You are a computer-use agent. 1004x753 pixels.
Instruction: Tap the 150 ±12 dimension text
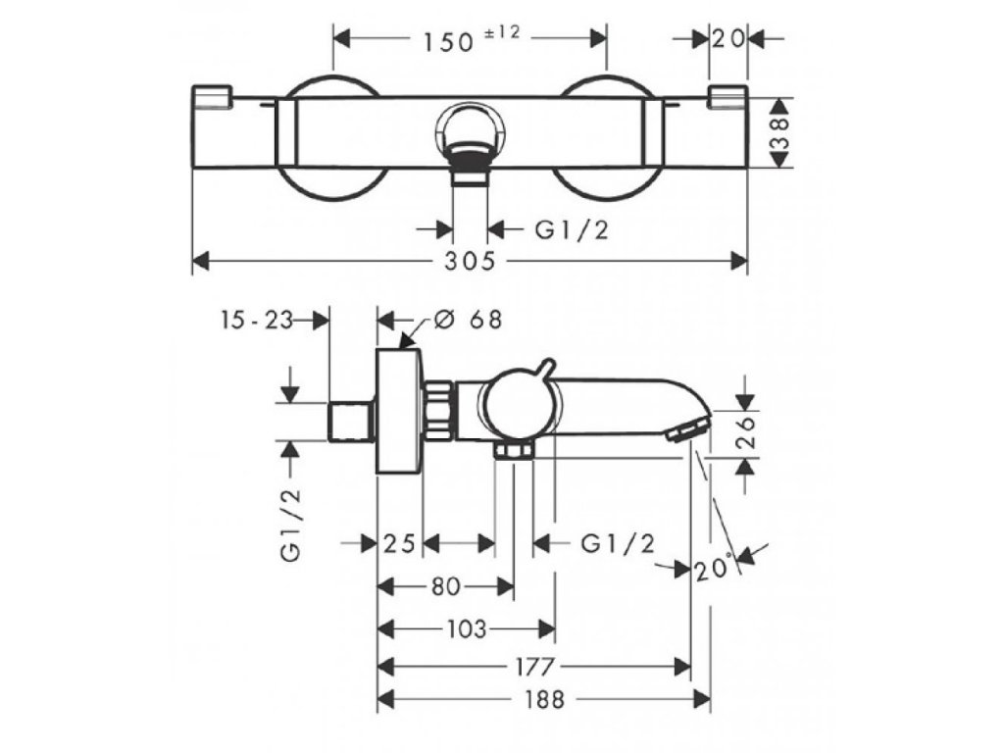tap(470, 39)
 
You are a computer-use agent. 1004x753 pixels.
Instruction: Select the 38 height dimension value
tap(779, 132)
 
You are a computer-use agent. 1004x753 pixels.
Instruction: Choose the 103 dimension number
tap(466, 629)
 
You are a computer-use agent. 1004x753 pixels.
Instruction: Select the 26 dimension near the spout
tap(745, 429)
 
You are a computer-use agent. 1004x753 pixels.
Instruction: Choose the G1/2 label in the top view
tap(570, 229)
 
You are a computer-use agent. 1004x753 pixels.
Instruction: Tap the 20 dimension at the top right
tap(727, 39)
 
